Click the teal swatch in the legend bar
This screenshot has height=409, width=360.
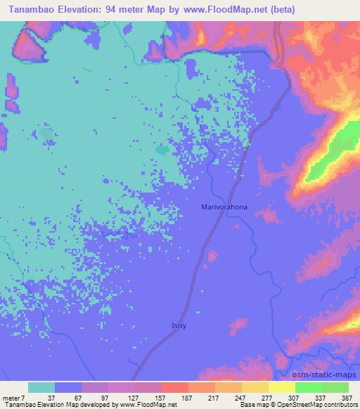[x=41, y=387]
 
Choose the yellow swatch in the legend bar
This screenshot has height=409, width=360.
[x=281, y=387]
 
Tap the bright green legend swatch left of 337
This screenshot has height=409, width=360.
[x=308, y=387]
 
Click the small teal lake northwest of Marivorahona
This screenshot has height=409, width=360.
[x=162, y=149]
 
